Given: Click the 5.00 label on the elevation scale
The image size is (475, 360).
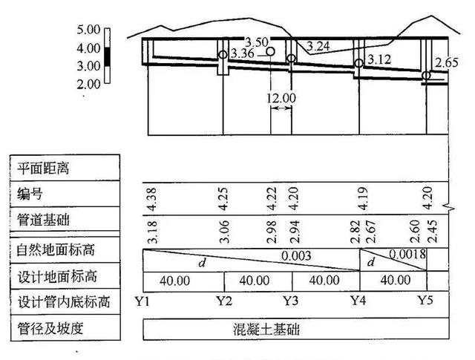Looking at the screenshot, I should pos(88,30).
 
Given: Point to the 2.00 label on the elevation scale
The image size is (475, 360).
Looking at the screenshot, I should pos(88,84).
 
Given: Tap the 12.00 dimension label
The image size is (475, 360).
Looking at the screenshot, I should pos(281,97).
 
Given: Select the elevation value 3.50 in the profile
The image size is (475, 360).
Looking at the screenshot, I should pos(259,41).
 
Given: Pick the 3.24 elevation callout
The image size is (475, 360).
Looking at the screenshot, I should pos(317,46).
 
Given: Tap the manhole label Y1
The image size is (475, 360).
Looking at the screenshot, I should pos(145,301).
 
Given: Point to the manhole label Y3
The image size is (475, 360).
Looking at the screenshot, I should pos(291,301).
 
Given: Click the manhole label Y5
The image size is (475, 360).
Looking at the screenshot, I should pos(425,301).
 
